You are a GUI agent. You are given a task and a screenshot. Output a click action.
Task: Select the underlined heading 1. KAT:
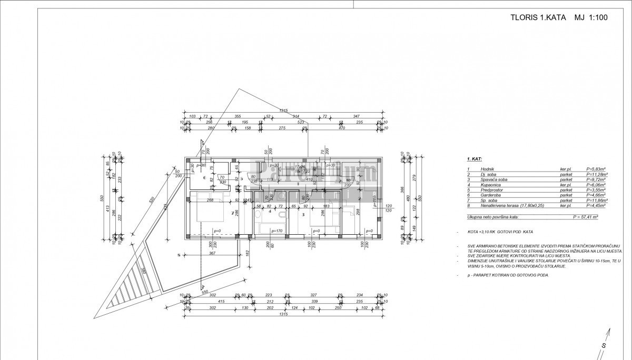[x=475, y=158]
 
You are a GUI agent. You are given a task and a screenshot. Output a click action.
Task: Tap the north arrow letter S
[x=604, y=345]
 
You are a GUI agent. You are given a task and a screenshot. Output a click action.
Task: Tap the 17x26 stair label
[x=301, y=166]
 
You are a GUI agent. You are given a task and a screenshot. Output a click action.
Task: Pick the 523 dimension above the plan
[x=301, y=122]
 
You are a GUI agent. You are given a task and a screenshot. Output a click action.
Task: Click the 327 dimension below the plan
[x=313, y=295]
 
